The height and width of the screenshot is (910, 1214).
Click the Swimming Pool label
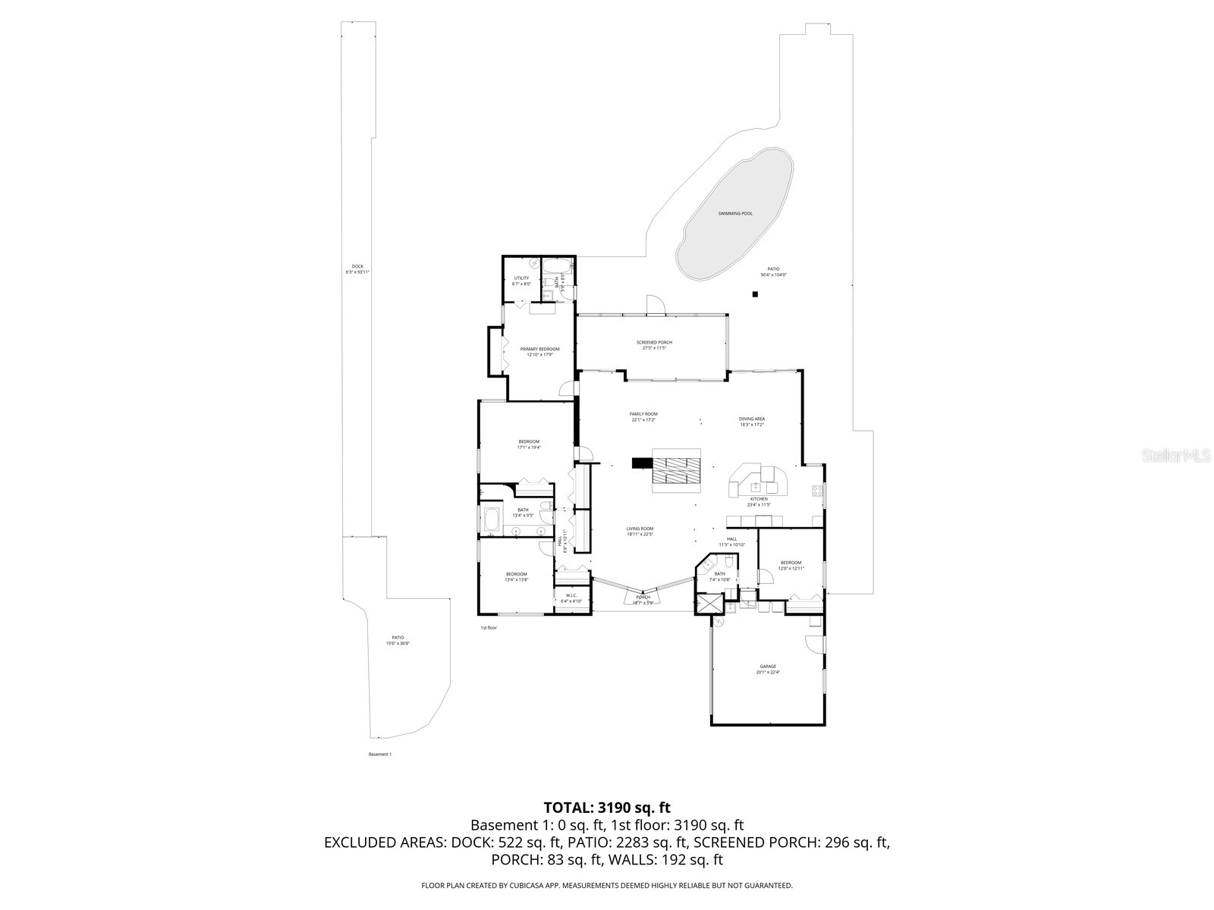pos(735,214)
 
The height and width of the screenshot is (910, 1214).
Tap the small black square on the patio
pos(755,294)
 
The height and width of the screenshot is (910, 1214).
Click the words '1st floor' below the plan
pos(488,628)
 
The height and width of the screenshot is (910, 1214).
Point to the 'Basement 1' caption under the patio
pos(379,755)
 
